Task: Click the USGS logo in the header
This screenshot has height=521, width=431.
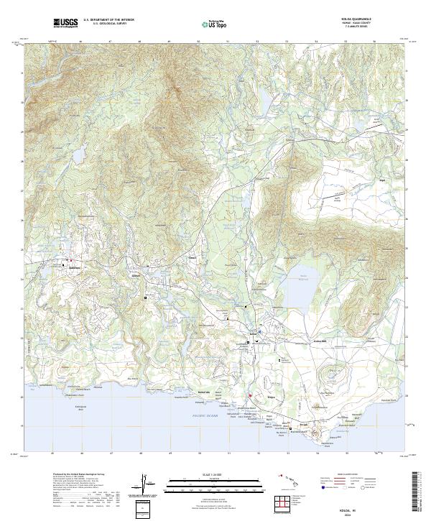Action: (x=66, y=23)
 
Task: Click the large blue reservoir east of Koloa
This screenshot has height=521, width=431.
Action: (x=305, y=277)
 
